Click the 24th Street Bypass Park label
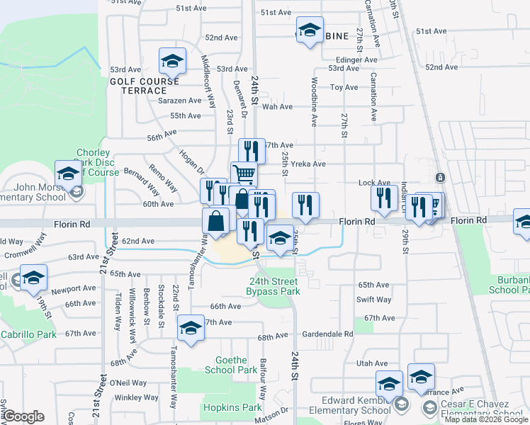(x=273, y=286)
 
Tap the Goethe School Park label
(x=231, y=365)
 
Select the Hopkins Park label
(x=222, y=408)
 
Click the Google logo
(x=23, y=416)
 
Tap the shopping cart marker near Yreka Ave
(x=244, y=174)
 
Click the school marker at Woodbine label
(x=310, y=30)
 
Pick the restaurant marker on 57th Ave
(x=251, y=150)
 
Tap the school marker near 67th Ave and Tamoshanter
(x=190, y=327)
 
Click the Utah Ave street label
(x=372, y=363)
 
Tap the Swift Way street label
(x=374, y=300)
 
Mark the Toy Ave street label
(x=344, y=87)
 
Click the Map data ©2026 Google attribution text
(x=486, y=419)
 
